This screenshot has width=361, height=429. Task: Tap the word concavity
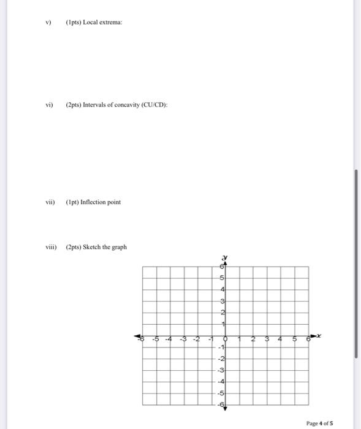[128, 105]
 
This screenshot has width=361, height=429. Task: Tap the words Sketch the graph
[107, 247]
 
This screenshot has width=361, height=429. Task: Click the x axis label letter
[319, 335]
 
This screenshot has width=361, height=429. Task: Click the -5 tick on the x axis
[156, 338]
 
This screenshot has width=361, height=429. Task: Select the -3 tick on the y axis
[222, 370]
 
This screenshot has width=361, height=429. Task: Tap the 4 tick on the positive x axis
[280, 338]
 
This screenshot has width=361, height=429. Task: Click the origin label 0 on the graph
[226, 338]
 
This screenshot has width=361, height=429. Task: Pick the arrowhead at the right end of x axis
[314, 336]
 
